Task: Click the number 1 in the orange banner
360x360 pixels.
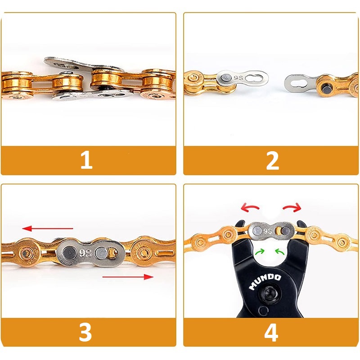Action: pos(86,161)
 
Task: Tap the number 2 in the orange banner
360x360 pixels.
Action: pos(272,161)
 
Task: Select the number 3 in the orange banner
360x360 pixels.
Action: pos(85,332)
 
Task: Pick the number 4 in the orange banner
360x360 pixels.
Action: pos(271,332)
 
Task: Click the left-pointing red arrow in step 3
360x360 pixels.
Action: pos(48,229)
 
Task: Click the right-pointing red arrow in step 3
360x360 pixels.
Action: pos(128,277)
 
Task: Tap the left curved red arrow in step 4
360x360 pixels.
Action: pos(250,207)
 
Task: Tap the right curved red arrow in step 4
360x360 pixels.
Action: pos(292,207)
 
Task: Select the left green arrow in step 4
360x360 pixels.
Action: pos(260,252)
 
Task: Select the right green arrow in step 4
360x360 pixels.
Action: pos(279,252)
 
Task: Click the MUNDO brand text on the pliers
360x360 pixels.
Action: pos(265,282)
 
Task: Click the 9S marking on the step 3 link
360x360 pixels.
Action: pos(85,253)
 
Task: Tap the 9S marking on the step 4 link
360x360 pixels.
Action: pos(268,231)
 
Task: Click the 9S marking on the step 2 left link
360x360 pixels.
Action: pos(238,78)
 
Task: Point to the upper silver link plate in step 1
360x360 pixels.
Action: pos(83,64)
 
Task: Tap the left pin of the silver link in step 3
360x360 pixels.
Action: pos(69,252)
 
